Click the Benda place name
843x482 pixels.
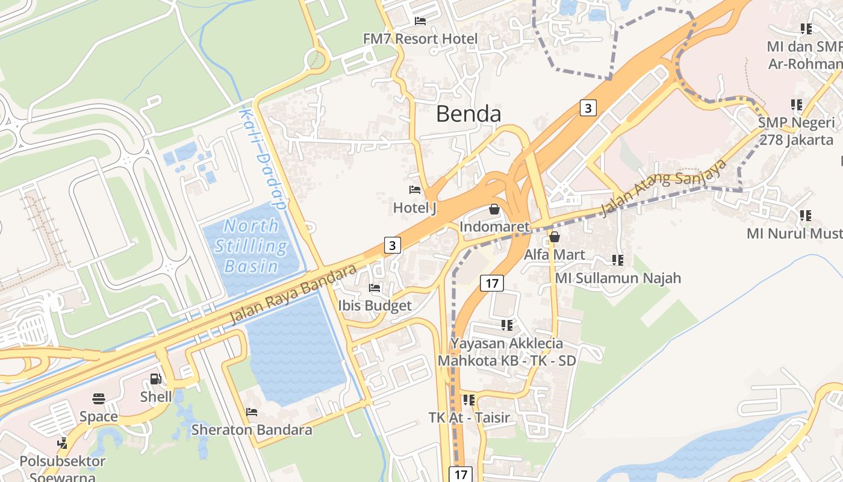(468, 113)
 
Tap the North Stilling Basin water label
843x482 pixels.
(251, 246)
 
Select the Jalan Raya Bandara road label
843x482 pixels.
(293, 295)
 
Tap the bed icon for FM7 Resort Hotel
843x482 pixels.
(420, 21)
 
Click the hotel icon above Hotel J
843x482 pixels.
(415, 190)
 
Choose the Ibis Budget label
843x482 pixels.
(375, 305)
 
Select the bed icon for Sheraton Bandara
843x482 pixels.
(252, 412)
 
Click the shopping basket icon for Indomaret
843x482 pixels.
(494, 209)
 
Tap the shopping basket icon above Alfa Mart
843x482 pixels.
(555, 237)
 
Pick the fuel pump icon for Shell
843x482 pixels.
(155, 379)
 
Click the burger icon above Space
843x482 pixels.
(99, 398)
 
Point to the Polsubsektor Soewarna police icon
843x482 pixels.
(62, 443)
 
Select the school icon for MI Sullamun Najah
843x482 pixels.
(618, 260)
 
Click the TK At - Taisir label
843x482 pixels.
(469, 418)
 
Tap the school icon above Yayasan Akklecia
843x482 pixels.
(507, 325)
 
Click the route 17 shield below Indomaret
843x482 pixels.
(492, 283)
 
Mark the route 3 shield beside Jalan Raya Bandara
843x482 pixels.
(393, 245)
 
